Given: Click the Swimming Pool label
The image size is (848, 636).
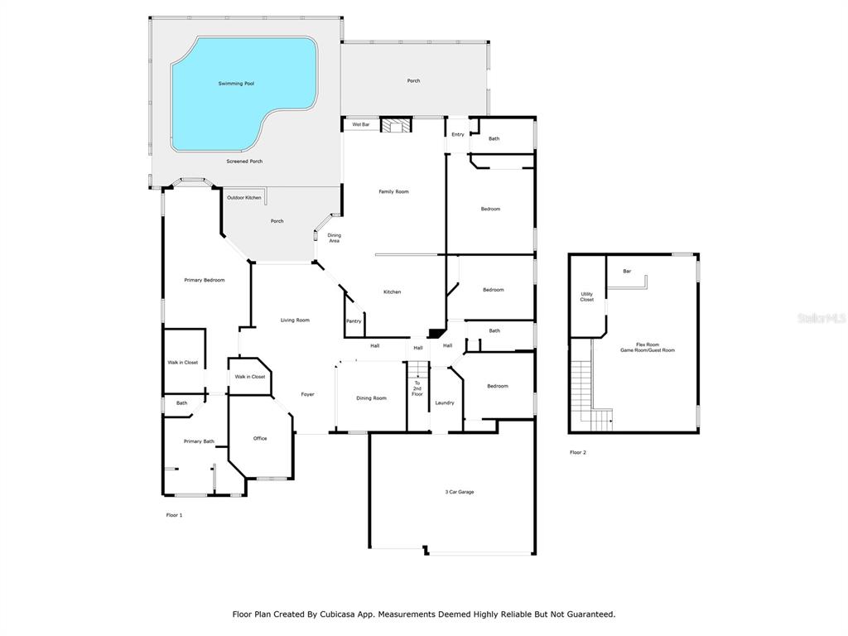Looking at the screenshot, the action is (236, 84).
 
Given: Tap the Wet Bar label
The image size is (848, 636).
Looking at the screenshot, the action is (361, 125).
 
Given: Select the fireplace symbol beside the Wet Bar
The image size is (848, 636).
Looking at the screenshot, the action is (396, 126).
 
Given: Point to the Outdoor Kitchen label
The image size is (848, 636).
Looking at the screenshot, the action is (244, 198).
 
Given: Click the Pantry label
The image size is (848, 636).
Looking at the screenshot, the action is (354, 321).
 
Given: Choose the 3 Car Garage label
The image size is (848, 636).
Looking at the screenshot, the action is (460, 492).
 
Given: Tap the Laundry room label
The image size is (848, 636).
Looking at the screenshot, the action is (445, 403).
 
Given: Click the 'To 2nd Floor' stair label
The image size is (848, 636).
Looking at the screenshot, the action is (417, 388).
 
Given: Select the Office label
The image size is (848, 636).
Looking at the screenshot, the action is (260, 439).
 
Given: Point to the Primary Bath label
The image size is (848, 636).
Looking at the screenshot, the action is (199, 442).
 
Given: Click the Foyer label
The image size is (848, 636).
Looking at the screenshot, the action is (308, 394).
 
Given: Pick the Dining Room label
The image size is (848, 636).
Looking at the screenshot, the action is (372, 398).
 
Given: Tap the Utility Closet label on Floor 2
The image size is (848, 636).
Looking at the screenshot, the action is (587, 297).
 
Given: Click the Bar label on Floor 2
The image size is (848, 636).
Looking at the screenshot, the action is (627, 272).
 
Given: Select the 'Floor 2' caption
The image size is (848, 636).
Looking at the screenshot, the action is (577, 453).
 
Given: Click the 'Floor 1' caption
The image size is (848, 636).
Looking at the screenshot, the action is (174, 515).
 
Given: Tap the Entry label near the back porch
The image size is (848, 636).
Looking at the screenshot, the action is (458, 135).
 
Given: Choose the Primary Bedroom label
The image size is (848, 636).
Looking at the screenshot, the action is (205, 280).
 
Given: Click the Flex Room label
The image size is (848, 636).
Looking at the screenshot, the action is (648, 344).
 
